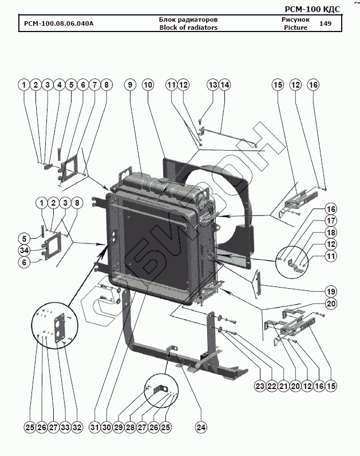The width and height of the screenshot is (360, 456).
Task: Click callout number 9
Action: click(130, 85)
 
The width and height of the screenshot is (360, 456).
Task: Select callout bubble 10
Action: click(148, 85)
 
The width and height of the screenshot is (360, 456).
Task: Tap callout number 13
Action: click(213, 85)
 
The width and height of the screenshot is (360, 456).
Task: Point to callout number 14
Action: click(225, 85)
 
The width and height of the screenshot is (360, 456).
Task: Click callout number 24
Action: click(201, 427)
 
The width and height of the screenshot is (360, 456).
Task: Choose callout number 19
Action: click(331, 290)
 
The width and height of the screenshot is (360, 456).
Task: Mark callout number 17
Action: click(331, 220)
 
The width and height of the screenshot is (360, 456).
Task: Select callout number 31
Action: click(94, 427)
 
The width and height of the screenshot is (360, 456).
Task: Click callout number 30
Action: click(106, 427)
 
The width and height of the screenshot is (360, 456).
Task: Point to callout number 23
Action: click(260, 387)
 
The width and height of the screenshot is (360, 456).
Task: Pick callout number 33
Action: click(65, 427)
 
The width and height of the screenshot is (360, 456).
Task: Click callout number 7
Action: click(94, 85)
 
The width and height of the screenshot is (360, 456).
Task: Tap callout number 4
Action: click(59, 85)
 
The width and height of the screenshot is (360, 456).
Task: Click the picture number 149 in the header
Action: click(325, 23)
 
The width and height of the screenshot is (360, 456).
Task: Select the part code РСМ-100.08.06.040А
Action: click(59, 24)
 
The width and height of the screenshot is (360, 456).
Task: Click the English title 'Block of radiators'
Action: click(188, 27)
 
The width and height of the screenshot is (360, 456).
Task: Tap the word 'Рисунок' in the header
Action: click(295, 19)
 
